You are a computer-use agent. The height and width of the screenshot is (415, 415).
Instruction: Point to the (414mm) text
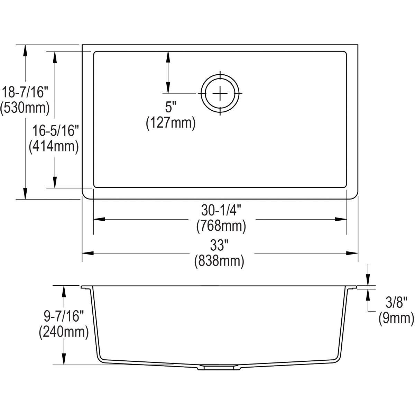point(54,147)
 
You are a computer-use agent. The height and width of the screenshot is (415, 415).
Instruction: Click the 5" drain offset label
point(168,108)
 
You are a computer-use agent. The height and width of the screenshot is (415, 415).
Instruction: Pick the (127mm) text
point(170,123)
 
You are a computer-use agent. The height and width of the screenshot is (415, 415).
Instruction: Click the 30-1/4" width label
point(221,210)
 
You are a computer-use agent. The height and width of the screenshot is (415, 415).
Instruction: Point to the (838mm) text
point(219,261)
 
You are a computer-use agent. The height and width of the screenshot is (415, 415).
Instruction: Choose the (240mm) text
point(64,332)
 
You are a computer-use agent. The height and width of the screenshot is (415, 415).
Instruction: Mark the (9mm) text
point(396,319)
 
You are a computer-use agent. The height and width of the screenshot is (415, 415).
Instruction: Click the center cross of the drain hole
point(220,93)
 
